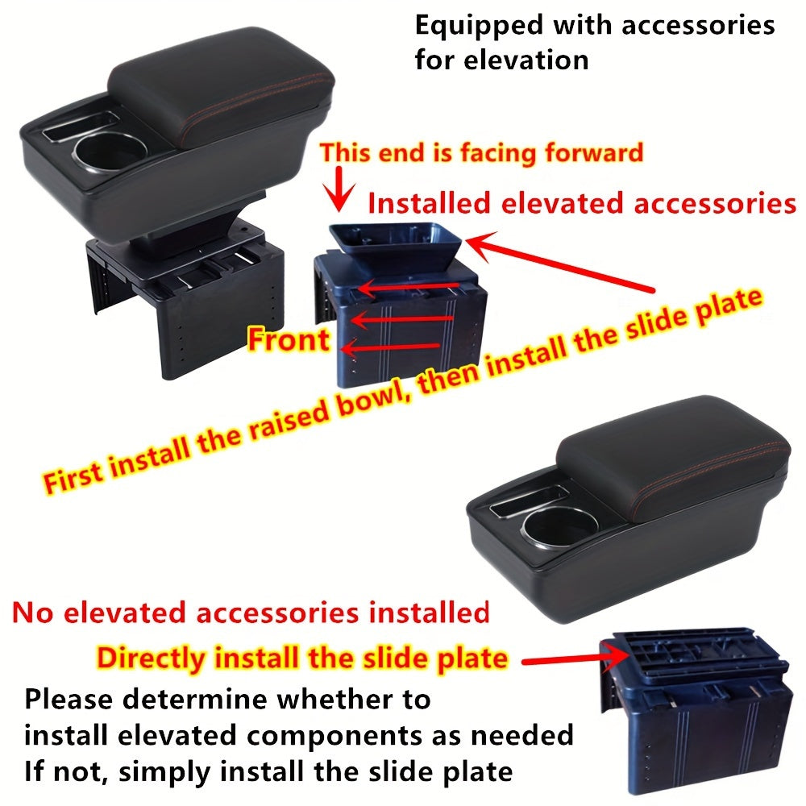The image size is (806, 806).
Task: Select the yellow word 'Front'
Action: point(288,339)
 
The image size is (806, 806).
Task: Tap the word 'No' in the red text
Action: point(28,613)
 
